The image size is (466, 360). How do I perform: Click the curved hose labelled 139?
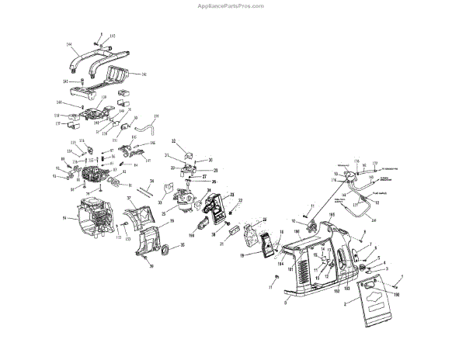(145, 123)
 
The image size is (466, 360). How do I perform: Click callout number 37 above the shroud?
(130, 199)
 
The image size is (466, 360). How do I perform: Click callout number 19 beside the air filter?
(242, 254)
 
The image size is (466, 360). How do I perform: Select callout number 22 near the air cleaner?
(241, 201)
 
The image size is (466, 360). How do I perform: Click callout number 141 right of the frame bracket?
(144, 74)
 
